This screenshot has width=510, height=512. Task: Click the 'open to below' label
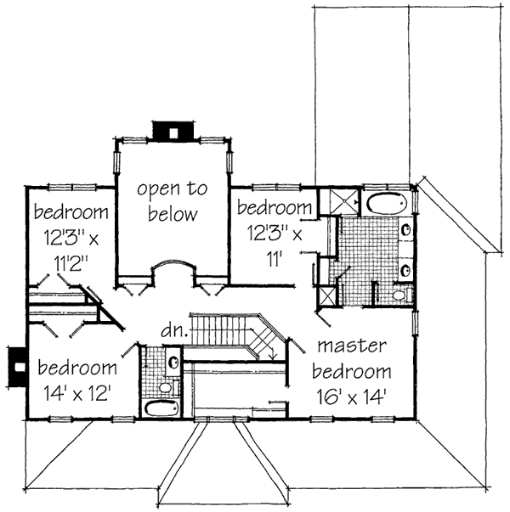click(x=173, y=202)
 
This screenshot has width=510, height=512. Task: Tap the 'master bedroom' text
click(x=351, y=358)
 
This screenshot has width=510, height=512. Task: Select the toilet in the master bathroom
click(x=400, y=294)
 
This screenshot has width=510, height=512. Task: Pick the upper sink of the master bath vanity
click(x=405, y=229)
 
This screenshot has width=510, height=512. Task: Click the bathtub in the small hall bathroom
click(x=161, y=408)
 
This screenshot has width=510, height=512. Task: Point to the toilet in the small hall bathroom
click(x=166, y=388)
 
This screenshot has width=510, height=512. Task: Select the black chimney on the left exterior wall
click(x=15, y=363)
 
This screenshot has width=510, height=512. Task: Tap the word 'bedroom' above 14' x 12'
click(x=76, y=369)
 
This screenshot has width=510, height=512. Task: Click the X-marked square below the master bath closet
click(x=327, y=296)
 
